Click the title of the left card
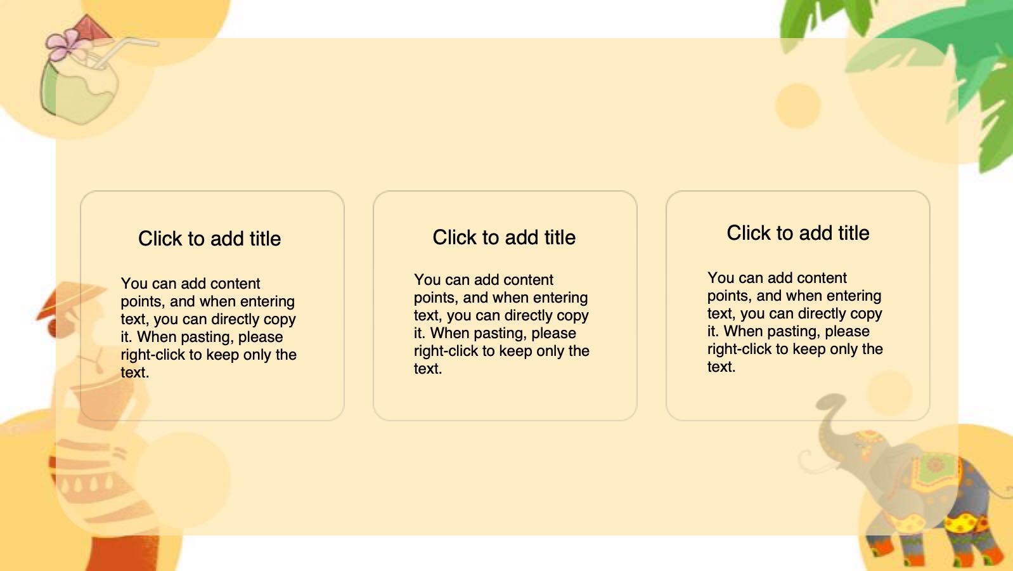pos(209,239)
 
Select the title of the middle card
pos(504,237)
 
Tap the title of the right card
pos(797,233)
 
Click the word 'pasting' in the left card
pos(207,338)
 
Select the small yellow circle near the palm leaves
pos(797,105)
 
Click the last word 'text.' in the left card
pos(135,372)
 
